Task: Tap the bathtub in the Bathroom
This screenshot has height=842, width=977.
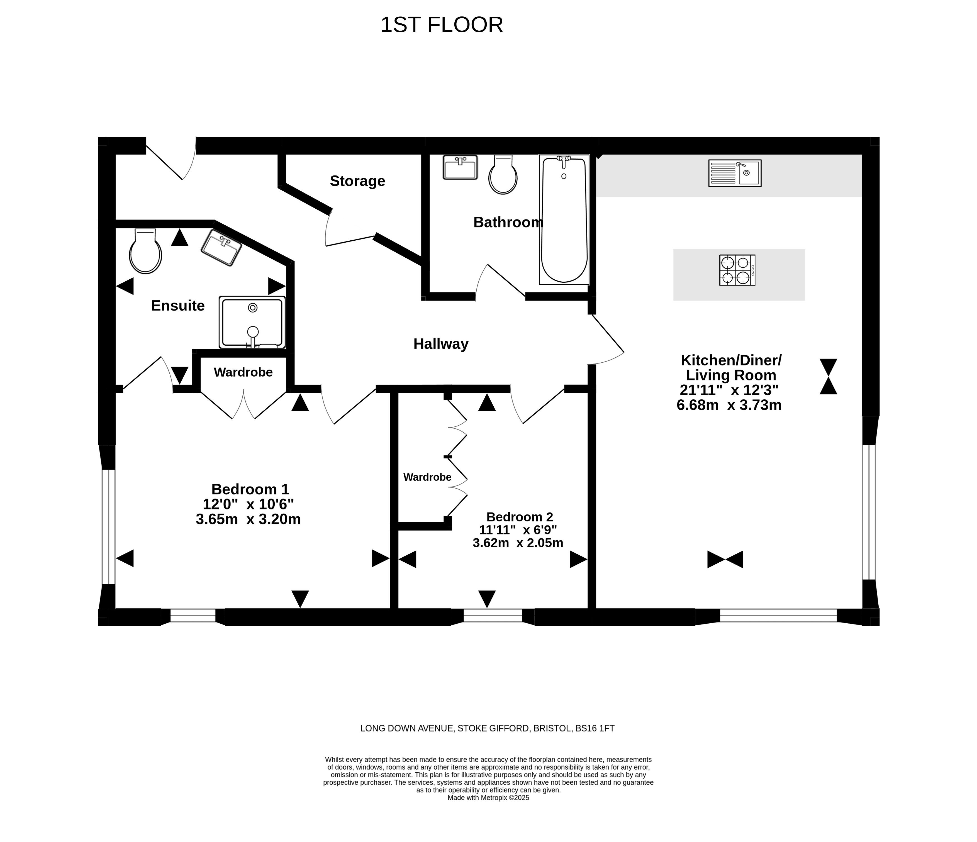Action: (564, 220)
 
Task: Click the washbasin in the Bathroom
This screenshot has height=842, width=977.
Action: (460, 167)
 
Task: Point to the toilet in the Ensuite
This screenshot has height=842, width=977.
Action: (145, 251)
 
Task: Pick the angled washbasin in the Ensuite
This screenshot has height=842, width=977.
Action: (221, 248)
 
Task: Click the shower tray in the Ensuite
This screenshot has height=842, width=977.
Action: (252, 323)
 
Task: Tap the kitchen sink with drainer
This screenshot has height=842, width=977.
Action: (735, 173)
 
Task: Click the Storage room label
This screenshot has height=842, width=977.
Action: (357, 181)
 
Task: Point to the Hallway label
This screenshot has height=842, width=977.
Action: (441, 344)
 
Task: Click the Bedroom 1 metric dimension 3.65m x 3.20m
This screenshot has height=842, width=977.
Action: (248, 519)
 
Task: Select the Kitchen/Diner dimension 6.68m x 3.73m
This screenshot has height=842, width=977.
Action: (729, 405)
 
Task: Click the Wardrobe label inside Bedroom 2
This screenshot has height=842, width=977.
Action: (427, 477)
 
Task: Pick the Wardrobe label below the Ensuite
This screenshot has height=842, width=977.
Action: (243, 372)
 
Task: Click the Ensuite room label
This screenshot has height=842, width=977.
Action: (178, 306)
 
